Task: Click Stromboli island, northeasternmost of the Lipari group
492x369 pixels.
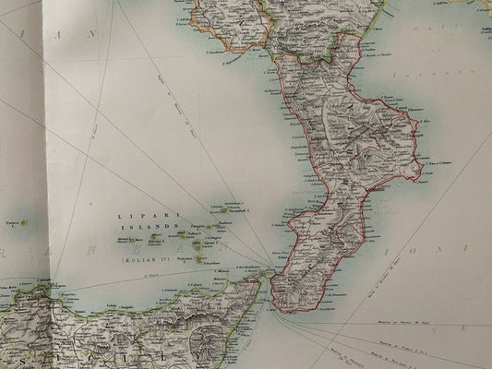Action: click(x=235, y=209)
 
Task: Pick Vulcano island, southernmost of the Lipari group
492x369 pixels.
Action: click(x=197, y=260)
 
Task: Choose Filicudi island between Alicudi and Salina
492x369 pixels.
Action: click(x=151, y=238)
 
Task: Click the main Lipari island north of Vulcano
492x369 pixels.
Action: click(x=197, y=245)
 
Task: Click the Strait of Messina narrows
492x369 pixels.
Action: click(x=270, y=274)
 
